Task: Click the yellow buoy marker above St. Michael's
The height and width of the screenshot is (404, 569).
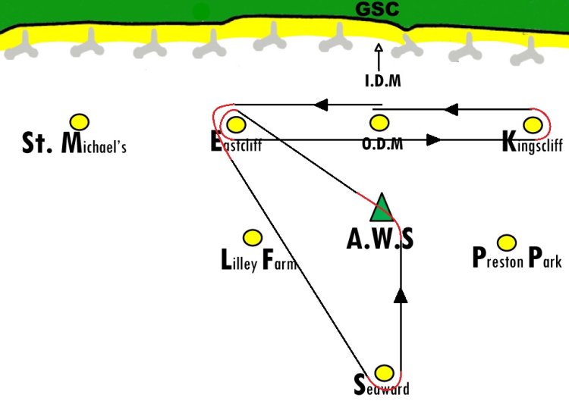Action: pos(80,122)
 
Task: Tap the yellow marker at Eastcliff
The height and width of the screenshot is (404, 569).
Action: pos(236,125)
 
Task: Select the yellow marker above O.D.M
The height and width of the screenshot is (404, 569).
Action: pos(379,123)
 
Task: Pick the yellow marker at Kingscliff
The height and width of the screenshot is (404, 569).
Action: pos(533,125)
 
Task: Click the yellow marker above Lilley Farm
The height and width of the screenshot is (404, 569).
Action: pos(253,238)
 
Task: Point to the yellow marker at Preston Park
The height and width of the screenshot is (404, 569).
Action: pos(507,243)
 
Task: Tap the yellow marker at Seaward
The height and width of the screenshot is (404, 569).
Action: pos(384,373)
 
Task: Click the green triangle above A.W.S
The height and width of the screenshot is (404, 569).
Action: pos(382,208)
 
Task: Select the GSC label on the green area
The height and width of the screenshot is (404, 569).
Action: pos(377,9)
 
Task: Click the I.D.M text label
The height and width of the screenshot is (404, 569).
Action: pos(383,80)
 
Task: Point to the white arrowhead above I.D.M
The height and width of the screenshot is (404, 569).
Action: pos(379,48)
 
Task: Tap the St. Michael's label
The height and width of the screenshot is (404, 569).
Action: pos(74,142)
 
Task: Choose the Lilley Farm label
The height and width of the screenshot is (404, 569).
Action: pos(259,260)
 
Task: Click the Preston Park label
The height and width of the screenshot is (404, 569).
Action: pos(517,257)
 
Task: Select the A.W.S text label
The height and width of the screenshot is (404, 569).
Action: pos(380,239)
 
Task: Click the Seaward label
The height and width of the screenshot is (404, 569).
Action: pos(382,385)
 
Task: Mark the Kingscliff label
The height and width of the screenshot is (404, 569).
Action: pos(533,142)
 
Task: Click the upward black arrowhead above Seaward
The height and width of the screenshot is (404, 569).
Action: pos(401,295)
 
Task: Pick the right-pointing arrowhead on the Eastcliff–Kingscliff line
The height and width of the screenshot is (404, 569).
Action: pos(434,139)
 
